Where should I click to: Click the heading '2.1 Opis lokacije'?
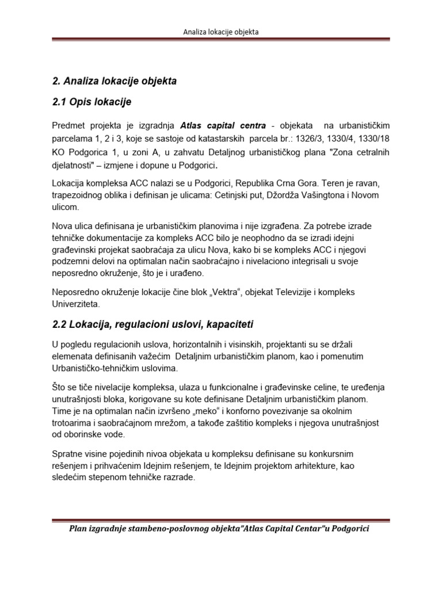(x=92, y=102)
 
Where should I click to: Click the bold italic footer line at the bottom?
(x=219, y=529)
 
